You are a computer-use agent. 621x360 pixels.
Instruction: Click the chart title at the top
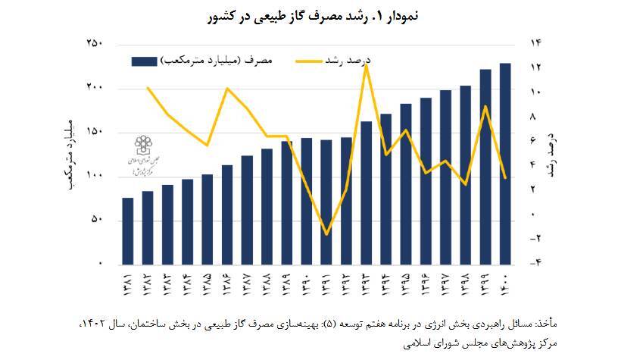click(310, 16)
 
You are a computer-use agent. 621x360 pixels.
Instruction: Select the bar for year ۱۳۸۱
click(128, 230)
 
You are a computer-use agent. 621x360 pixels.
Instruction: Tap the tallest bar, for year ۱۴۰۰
click(505, 163)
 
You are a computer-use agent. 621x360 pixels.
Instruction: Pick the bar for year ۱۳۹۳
click(366, 193)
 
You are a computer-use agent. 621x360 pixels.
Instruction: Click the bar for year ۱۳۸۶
click(227, 214)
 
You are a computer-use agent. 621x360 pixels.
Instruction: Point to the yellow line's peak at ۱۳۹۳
click(367, 65)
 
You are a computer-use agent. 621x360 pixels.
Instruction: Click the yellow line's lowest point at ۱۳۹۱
click(326, 234)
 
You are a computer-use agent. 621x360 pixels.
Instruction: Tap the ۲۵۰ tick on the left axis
click(95, 44)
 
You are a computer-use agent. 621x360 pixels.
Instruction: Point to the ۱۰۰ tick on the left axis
click(95, 176)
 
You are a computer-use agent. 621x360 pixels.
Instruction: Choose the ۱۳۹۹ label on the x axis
click(485, 285)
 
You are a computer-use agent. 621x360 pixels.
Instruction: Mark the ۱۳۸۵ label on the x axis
click(208, 285)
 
